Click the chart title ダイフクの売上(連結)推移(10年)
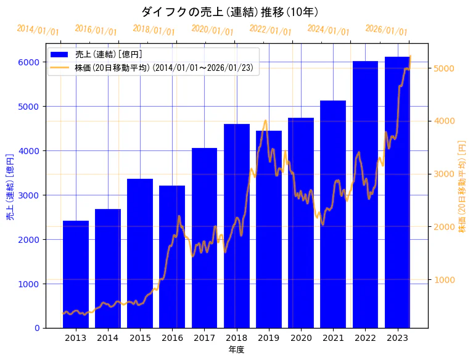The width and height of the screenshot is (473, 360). (230, 12)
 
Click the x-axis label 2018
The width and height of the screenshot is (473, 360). (237, 338)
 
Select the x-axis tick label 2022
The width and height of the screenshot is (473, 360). (365, 338)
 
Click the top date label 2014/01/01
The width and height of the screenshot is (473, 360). (38, 30)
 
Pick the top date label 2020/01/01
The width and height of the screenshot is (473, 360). (213, 30)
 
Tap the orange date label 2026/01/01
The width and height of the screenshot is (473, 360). (387, 30)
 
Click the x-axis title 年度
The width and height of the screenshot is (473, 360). (236, 350)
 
